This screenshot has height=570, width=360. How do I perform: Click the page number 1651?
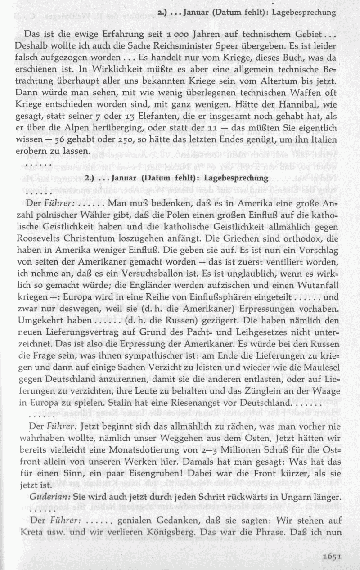pos(333,555)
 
